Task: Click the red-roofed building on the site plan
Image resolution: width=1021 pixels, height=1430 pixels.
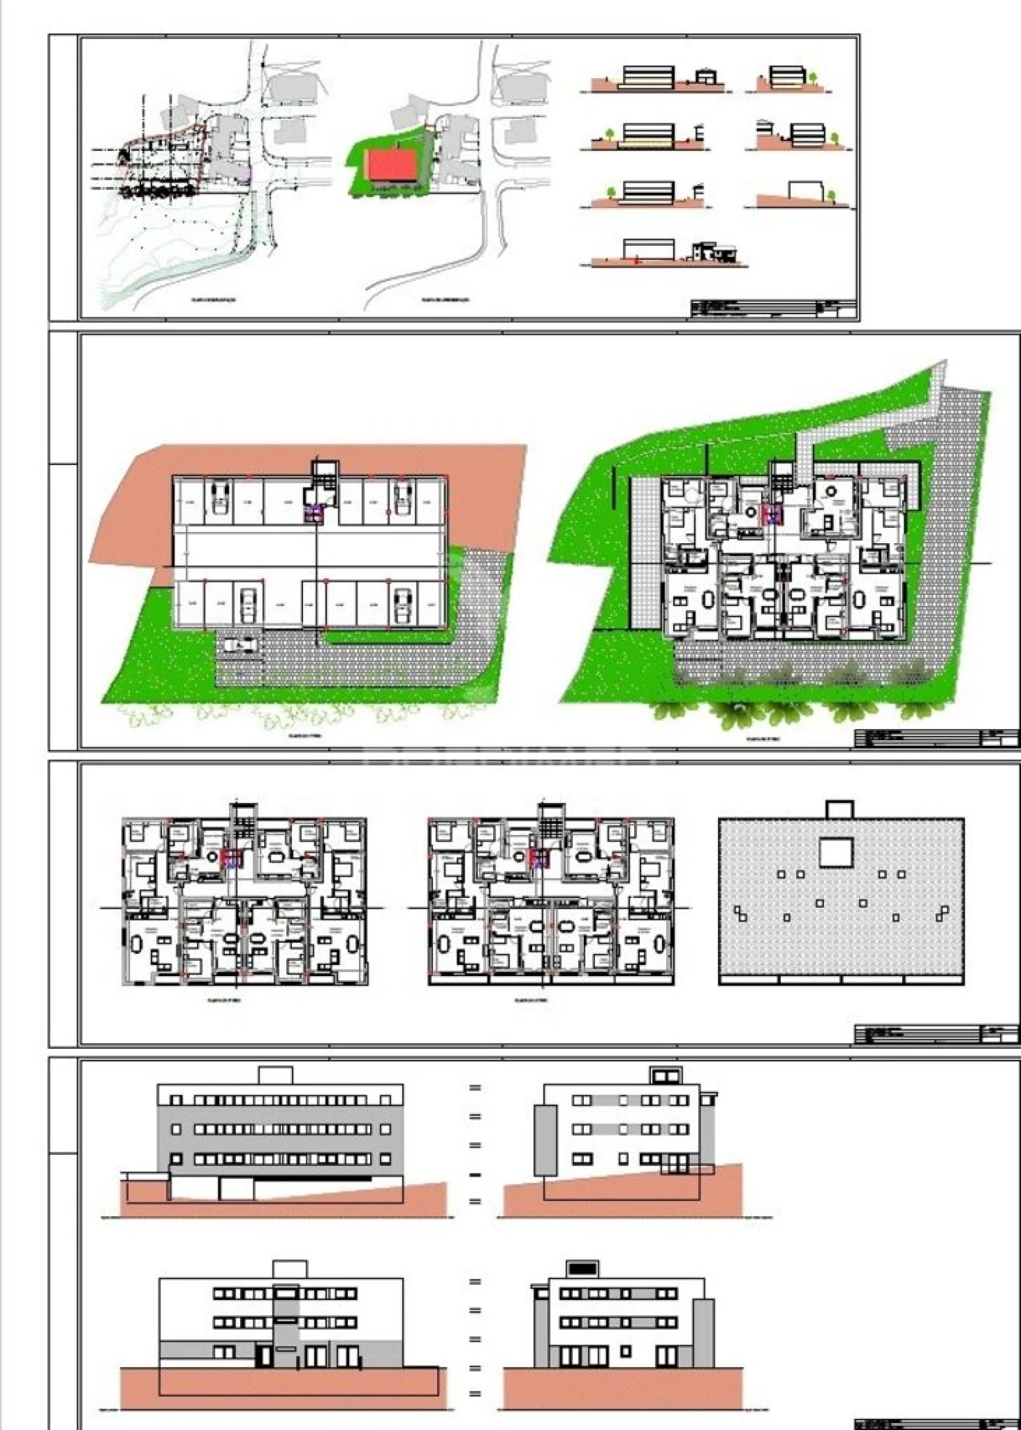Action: (392, 165)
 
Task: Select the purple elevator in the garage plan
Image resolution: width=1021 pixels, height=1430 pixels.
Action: (313, 514)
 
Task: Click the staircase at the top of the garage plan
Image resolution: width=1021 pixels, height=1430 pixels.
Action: (324, 478)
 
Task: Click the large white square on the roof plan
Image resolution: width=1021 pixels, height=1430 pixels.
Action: (835, 853)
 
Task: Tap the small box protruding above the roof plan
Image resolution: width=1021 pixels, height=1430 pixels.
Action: (839, 810)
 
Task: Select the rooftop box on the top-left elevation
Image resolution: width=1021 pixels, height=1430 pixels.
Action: (275, 1074)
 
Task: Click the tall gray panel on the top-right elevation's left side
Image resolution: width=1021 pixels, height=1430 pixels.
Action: (546, 1140)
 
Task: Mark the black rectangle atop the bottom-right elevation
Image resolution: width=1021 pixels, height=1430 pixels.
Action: (581, 1268)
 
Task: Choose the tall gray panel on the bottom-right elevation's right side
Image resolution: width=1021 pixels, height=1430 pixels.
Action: (703, 1332)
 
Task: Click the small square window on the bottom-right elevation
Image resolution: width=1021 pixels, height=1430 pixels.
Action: (625, 1351)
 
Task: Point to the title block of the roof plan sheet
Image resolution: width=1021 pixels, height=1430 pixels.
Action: (936, 1034)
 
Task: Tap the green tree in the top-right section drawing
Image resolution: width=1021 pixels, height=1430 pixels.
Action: (813, 78)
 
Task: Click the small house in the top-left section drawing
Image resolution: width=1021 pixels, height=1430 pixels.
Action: (707, 77)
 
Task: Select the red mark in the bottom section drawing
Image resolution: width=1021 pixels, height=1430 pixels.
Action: (636, 259)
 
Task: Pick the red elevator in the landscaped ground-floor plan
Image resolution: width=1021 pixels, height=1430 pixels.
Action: (771, 515)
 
